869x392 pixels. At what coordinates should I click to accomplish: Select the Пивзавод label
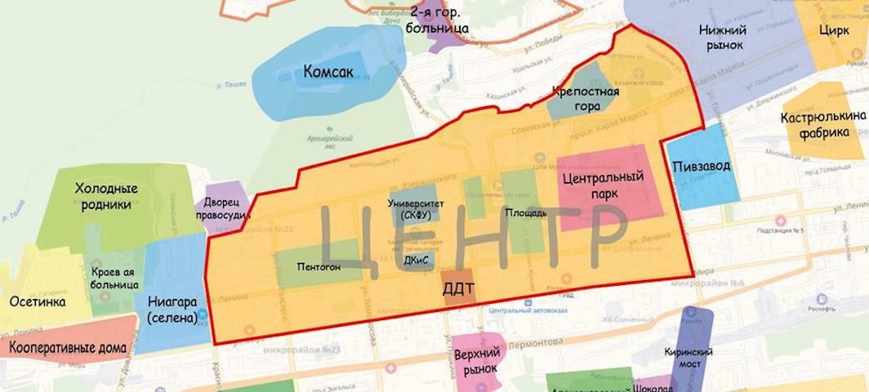coord(702,166)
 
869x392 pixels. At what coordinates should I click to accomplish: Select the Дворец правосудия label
coord(221,208)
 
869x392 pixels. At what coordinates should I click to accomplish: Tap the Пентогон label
coord(319,266)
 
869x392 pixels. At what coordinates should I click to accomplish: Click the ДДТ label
coord(457,287)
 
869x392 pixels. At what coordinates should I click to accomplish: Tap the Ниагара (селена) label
coord(172,309)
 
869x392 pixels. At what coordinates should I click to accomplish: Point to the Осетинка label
coord(38,301)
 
